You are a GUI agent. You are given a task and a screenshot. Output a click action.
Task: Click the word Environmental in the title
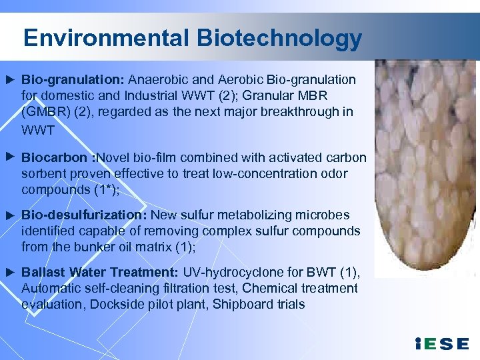(107, 38)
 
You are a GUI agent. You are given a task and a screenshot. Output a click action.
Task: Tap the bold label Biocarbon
(54, 158)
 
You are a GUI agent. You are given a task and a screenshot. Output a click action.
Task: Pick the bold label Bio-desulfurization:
(84, 215)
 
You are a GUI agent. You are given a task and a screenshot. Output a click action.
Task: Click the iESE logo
(441, 343)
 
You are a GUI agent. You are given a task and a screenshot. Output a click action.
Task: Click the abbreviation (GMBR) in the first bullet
(47, 112)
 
